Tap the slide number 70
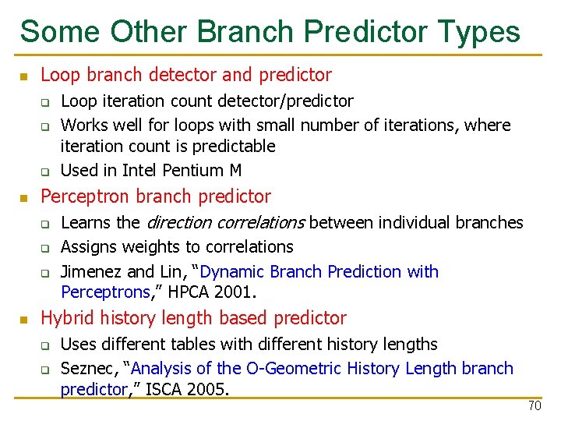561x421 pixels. click(535, 406)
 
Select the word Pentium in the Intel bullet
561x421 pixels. click(197, 170)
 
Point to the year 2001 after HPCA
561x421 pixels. click(238, 293)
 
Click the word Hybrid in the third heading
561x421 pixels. click(65, 318)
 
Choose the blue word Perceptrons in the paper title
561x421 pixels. click(105, 293)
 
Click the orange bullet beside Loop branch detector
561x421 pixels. click(24, 76)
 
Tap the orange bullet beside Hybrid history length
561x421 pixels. click(24, 320)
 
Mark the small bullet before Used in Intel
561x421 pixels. click(46, 172)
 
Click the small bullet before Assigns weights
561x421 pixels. click(46, 249)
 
